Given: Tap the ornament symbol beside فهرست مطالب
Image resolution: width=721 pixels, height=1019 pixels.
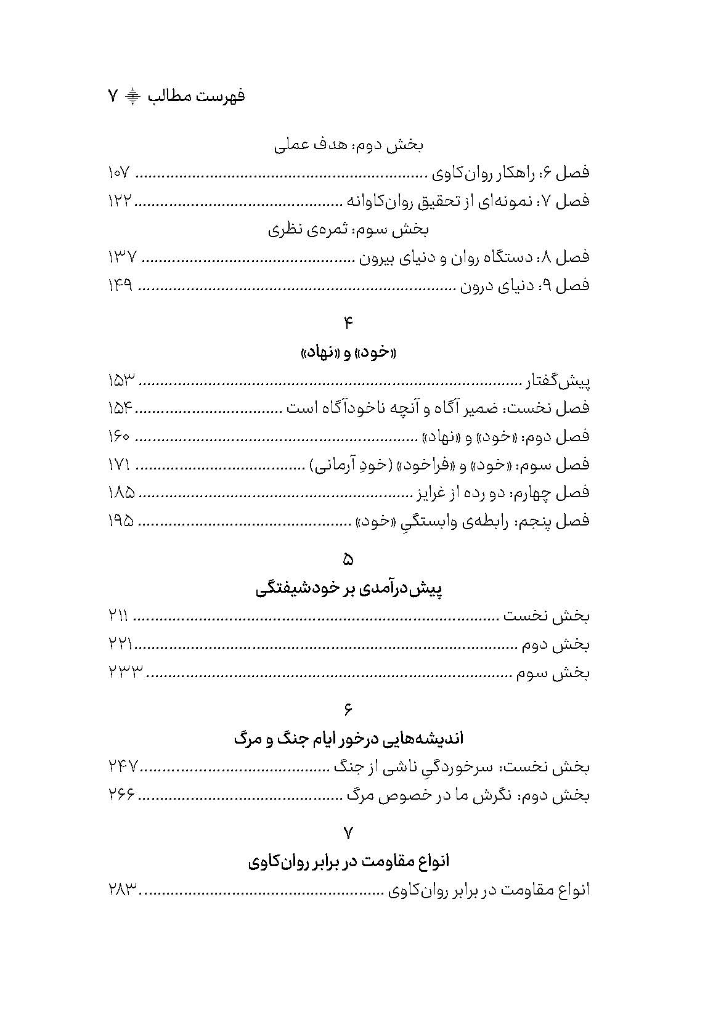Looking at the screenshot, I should pyautogui.click(x=132, y=96).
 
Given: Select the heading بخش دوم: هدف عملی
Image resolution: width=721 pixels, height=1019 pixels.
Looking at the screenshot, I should pyautogui.click(x=348, y=146).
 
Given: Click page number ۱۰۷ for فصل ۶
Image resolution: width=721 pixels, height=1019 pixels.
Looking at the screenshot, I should pyautogui.click(x=119, y=173).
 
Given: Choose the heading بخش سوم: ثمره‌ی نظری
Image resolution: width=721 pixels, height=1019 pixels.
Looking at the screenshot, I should pyautogui.click(x=348, y=230).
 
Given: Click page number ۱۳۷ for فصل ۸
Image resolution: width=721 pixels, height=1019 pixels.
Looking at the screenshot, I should pyautogui.click(x=122, y=257).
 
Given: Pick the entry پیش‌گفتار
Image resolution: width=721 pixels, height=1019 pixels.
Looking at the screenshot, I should pyautogui.click(x=558, y=382).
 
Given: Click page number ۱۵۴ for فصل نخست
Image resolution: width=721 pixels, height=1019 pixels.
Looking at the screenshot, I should pyautogui.click(x=120, y=408).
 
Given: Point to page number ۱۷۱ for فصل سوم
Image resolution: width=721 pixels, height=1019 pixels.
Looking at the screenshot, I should pyautogui.click(x=119, y=465).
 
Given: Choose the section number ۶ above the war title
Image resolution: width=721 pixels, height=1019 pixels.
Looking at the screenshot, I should pyautogui.click(x=348, y=710).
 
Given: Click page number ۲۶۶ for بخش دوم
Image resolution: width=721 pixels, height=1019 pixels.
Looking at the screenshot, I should pyautogui.click(x=121, y=795).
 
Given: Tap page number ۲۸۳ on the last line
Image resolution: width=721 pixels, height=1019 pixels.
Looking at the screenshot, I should pyautogui.click(x=122, y=890).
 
